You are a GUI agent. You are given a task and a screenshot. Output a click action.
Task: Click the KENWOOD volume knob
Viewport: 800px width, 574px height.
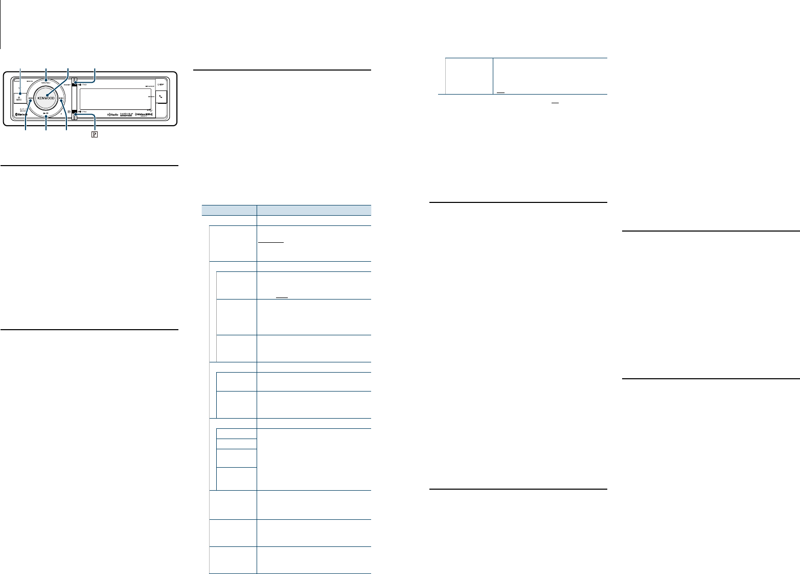(x=46, y=98)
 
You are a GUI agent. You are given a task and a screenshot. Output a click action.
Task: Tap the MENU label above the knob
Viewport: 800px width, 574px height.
(x=46, y=83)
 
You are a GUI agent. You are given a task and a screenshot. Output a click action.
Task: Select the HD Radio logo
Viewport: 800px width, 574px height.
(x=113, y=114)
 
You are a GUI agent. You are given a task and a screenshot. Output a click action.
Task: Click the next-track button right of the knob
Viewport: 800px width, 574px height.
(x=61, y=101)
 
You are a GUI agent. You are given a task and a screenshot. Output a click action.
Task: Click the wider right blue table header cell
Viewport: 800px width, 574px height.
(x=314, y=210)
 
